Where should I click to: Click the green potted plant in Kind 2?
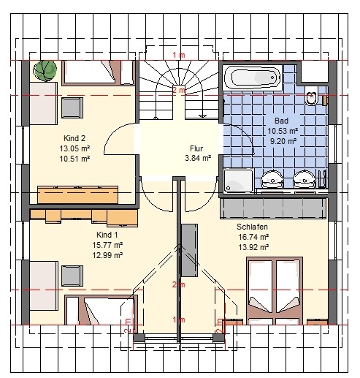45,71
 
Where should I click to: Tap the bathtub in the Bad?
253,78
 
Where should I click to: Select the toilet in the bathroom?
311,96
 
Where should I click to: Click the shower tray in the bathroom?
239,181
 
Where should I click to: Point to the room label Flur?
196,148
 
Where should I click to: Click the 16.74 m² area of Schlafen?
253,237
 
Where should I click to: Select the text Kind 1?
107,235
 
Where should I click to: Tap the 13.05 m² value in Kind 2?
74,148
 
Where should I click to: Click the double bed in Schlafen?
275,290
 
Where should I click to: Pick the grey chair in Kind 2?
72,107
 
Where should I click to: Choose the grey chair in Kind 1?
72,276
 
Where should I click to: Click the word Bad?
281,121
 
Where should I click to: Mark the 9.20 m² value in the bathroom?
283,141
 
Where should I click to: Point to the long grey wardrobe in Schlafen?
273,208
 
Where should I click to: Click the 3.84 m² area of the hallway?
198,158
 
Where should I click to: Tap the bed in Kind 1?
101,310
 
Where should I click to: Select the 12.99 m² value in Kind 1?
107,255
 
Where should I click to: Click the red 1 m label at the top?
179,55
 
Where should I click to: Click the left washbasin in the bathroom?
272,179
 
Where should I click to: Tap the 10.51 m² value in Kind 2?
74,159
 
